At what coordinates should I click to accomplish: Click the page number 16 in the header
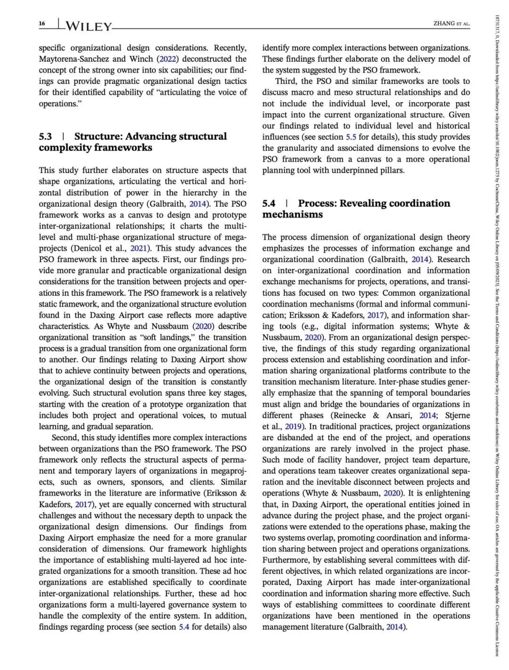tap(41, 24)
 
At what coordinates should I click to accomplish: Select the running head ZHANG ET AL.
tap(451, 24)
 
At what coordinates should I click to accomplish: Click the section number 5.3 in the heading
tap(45, 136)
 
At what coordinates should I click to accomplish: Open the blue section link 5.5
tap(351, 137)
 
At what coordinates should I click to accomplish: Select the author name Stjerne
tap(458, 415)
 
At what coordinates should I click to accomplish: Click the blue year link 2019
tap(290, 427)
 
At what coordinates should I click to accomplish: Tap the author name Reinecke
tap(350, 415)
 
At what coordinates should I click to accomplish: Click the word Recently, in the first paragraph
tap(230, 48)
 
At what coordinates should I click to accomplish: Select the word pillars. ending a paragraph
tap(391, 170)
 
